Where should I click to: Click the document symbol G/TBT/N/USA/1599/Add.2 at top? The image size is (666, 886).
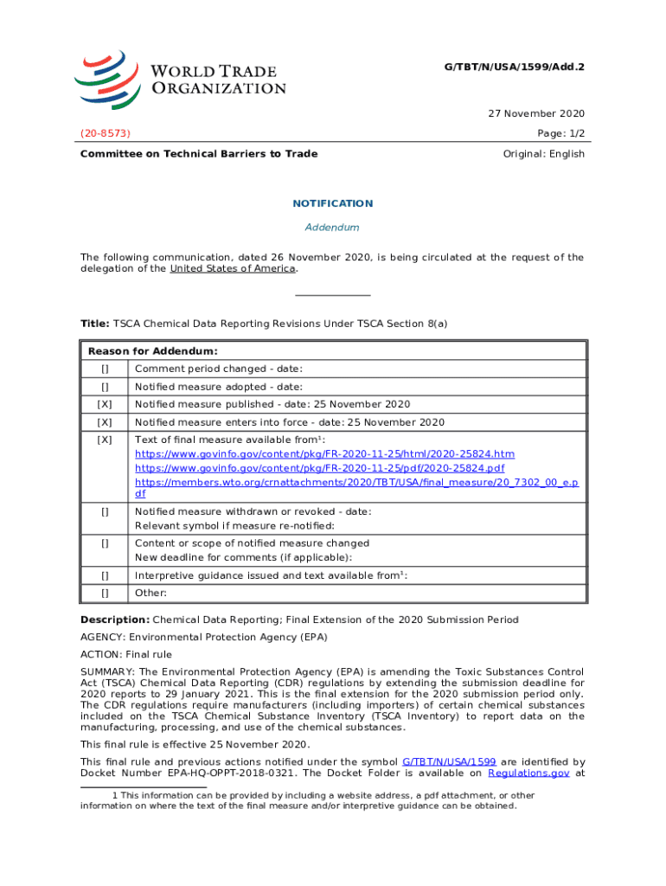coord(514,66)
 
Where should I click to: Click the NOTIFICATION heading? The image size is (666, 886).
coord(332,203)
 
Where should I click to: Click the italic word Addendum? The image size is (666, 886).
coord(332,228)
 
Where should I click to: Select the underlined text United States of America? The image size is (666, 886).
coord(233,268)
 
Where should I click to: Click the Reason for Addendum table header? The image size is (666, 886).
coord(152,351)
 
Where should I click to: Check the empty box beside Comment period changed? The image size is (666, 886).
coord(105,369)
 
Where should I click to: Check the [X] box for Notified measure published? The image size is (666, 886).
coord(105,405)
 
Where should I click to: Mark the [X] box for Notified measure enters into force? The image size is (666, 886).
coord(105,422)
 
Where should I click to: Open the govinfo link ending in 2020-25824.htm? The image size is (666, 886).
coord(324,454)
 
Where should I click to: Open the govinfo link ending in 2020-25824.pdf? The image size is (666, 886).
coord(319,468)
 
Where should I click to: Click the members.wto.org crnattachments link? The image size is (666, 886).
coord(356,482)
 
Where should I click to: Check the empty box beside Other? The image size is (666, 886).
coord(105,593)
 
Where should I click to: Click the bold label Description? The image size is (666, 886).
coord(115,620)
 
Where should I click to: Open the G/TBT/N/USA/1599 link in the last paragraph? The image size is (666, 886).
coord(449,761)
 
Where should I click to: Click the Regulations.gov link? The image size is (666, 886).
coord(528,774)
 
